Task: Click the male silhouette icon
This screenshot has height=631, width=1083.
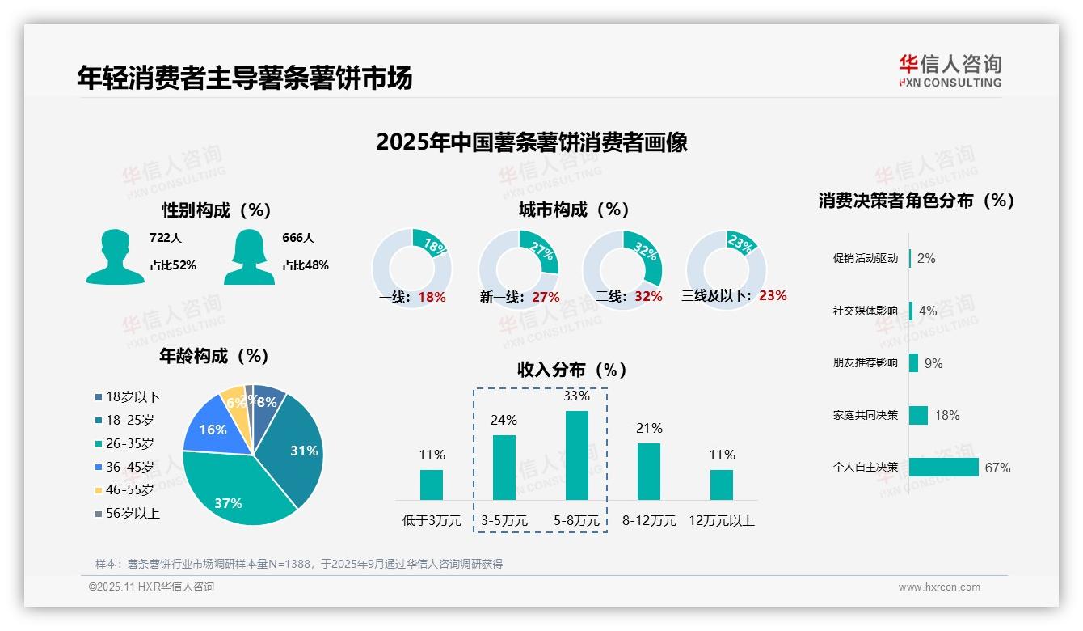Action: click(x=115, y=256)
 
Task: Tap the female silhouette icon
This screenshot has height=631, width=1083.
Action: click(x=249, y=256)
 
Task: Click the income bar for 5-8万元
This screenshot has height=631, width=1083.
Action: click(x=576, y=455)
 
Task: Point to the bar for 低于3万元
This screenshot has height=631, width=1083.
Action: click(x=432, y=485)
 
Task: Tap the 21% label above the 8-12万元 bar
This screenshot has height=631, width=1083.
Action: click(x=649, y=429)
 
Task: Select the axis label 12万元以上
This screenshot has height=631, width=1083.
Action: click(x=721, y=521)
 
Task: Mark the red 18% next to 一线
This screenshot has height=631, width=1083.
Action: click(x=432, y=297)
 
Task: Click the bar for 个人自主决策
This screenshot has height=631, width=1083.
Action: click(x=943, y=468)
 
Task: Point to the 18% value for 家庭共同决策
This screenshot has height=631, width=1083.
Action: click(x=946, y=416)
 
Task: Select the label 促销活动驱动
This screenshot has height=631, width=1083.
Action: click(x=865, y=259)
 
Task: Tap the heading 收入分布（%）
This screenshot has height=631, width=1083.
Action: click(x=572, y=371)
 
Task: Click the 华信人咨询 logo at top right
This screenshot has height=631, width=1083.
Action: click(x=950, y=70)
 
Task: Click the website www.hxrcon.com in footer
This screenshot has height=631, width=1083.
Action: click(x=938, y=587)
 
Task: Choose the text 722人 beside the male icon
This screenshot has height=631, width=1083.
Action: click(x=166, y=239)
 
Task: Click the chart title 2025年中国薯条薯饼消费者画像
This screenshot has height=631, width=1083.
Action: click(x=531, y=142)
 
